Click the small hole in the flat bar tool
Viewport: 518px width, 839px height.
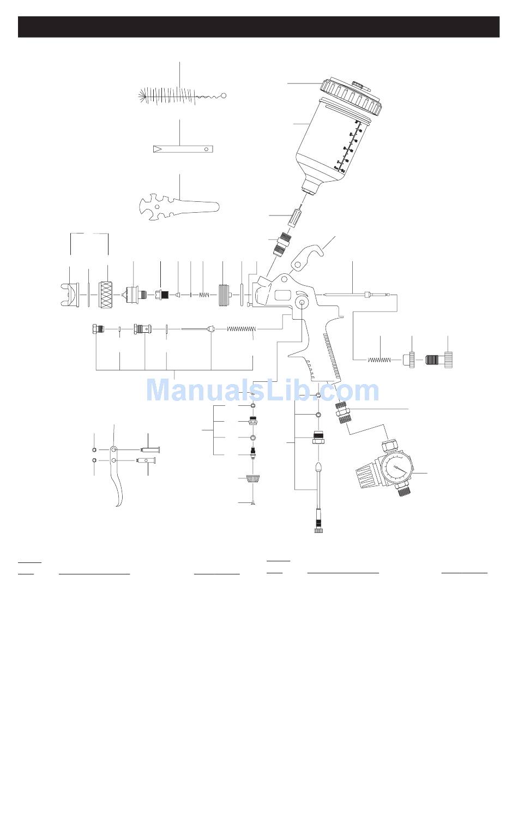tap(207, 149)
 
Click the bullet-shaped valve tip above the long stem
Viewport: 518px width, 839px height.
tap(318, 468)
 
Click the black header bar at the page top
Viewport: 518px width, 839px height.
tap(258, 27)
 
